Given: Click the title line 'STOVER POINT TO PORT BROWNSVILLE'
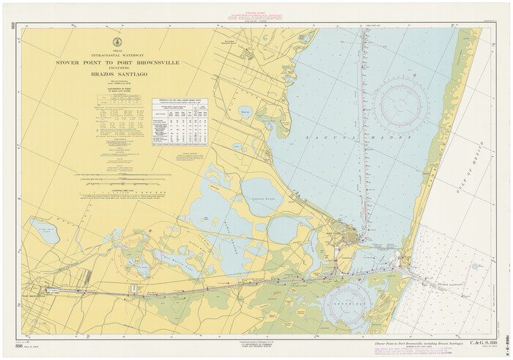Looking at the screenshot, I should pyautogui.click(x=117, y=63).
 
